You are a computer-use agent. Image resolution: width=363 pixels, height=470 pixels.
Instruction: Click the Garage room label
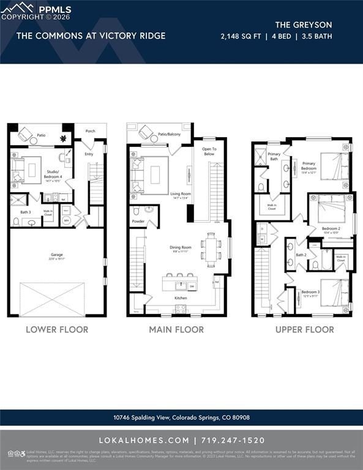coord(56,255)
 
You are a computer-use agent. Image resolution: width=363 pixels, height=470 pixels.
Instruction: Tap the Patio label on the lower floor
coord(41,135)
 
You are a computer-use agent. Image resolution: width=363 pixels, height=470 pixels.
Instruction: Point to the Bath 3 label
coord(25,212)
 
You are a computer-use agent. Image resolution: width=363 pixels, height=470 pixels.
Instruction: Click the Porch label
coord(90,130)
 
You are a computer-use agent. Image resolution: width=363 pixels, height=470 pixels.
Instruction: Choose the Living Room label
coord(181,194)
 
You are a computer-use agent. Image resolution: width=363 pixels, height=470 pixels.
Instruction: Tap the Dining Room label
coord(181,248)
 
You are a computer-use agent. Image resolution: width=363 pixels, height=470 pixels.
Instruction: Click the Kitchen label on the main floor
coord(181,298)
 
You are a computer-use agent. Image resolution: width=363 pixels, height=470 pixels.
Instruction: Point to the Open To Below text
coord(209,151)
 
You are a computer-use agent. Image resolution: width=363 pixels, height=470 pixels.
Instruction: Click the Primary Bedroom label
coord(309,165)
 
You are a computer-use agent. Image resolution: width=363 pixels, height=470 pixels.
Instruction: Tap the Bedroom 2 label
coord(331,229)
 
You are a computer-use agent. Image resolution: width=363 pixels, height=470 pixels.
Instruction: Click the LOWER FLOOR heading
coord(57,329)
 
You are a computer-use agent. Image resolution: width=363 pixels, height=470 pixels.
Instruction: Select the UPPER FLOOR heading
coord(304,329)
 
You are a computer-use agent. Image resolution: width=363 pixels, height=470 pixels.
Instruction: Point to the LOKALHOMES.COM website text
coord(144,440)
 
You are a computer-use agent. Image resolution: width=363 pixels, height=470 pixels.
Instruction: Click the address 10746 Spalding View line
coord(181,417)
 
